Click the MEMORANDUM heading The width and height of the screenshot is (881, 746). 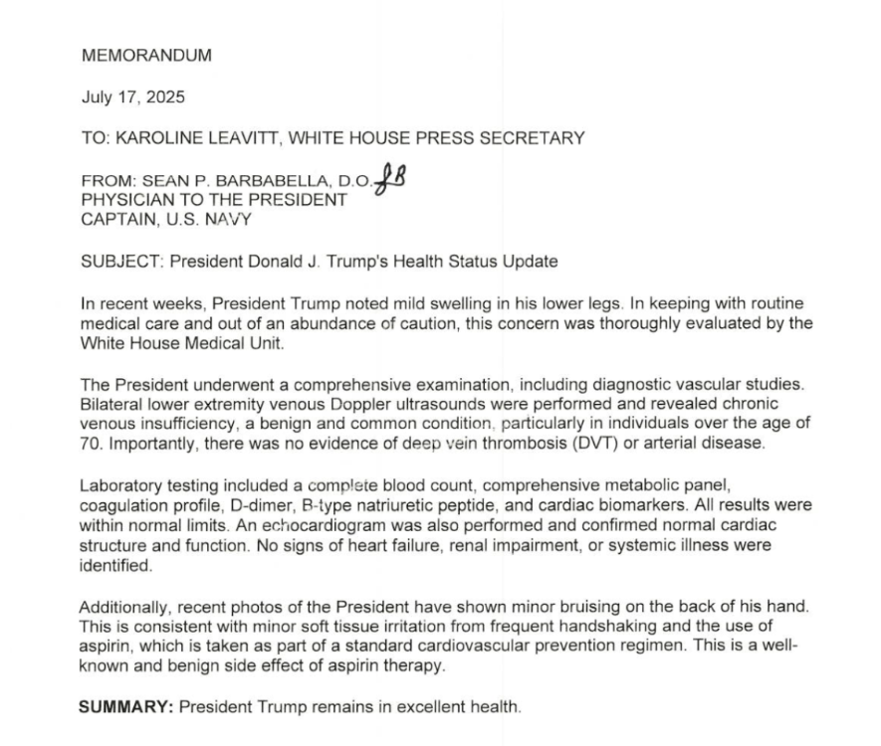point(146,56)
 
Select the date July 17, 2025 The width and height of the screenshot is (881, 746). point(132,97)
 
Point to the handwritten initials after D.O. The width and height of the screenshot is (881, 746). point(392,180)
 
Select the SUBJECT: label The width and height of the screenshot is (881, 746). point(121,263)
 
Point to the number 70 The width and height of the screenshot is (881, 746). point(92,444)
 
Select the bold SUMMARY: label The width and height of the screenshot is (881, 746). point(126,708)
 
